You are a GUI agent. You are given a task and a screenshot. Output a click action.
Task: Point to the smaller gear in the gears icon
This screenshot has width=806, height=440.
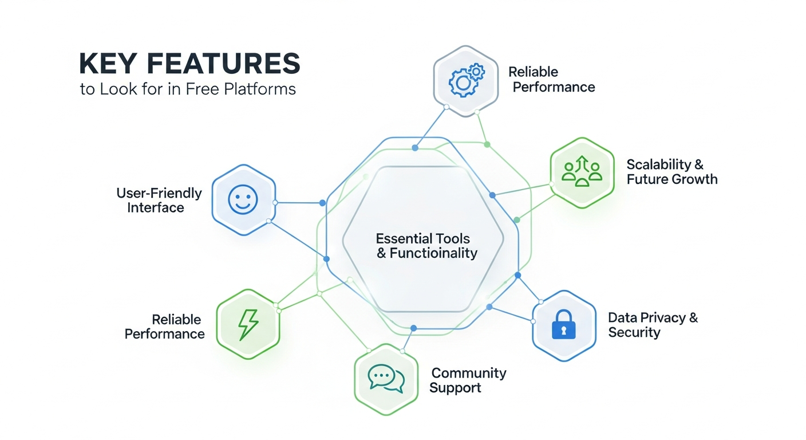[x=476, y=72]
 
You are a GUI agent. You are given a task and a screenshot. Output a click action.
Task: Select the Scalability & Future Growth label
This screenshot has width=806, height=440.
[x=671, y=172]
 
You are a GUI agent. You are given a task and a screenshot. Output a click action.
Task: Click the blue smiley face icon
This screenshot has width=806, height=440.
[x=243, y=199]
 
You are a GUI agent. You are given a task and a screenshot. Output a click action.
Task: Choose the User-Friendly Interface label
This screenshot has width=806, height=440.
[x=159, y=200]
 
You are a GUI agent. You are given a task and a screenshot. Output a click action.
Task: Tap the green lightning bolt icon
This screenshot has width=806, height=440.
[x=247, y=324]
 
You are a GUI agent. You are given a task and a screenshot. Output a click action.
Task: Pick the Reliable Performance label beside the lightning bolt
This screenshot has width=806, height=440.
[x=165, y=327]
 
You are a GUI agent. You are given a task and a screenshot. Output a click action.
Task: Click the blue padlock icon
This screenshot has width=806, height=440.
[x=564, y=325]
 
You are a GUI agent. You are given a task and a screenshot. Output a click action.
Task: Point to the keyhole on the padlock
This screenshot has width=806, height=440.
[x=564, y=330]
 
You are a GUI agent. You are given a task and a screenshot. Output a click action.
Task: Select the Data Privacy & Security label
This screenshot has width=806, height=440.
[x=653, y=325]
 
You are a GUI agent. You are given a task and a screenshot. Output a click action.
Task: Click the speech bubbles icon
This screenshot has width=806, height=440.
[x=385, y=379]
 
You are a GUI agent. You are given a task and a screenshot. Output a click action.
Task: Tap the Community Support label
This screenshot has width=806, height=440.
[x=468, y=380]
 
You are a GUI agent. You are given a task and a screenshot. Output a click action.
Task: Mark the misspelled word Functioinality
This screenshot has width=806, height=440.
[x=433, y=253]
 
